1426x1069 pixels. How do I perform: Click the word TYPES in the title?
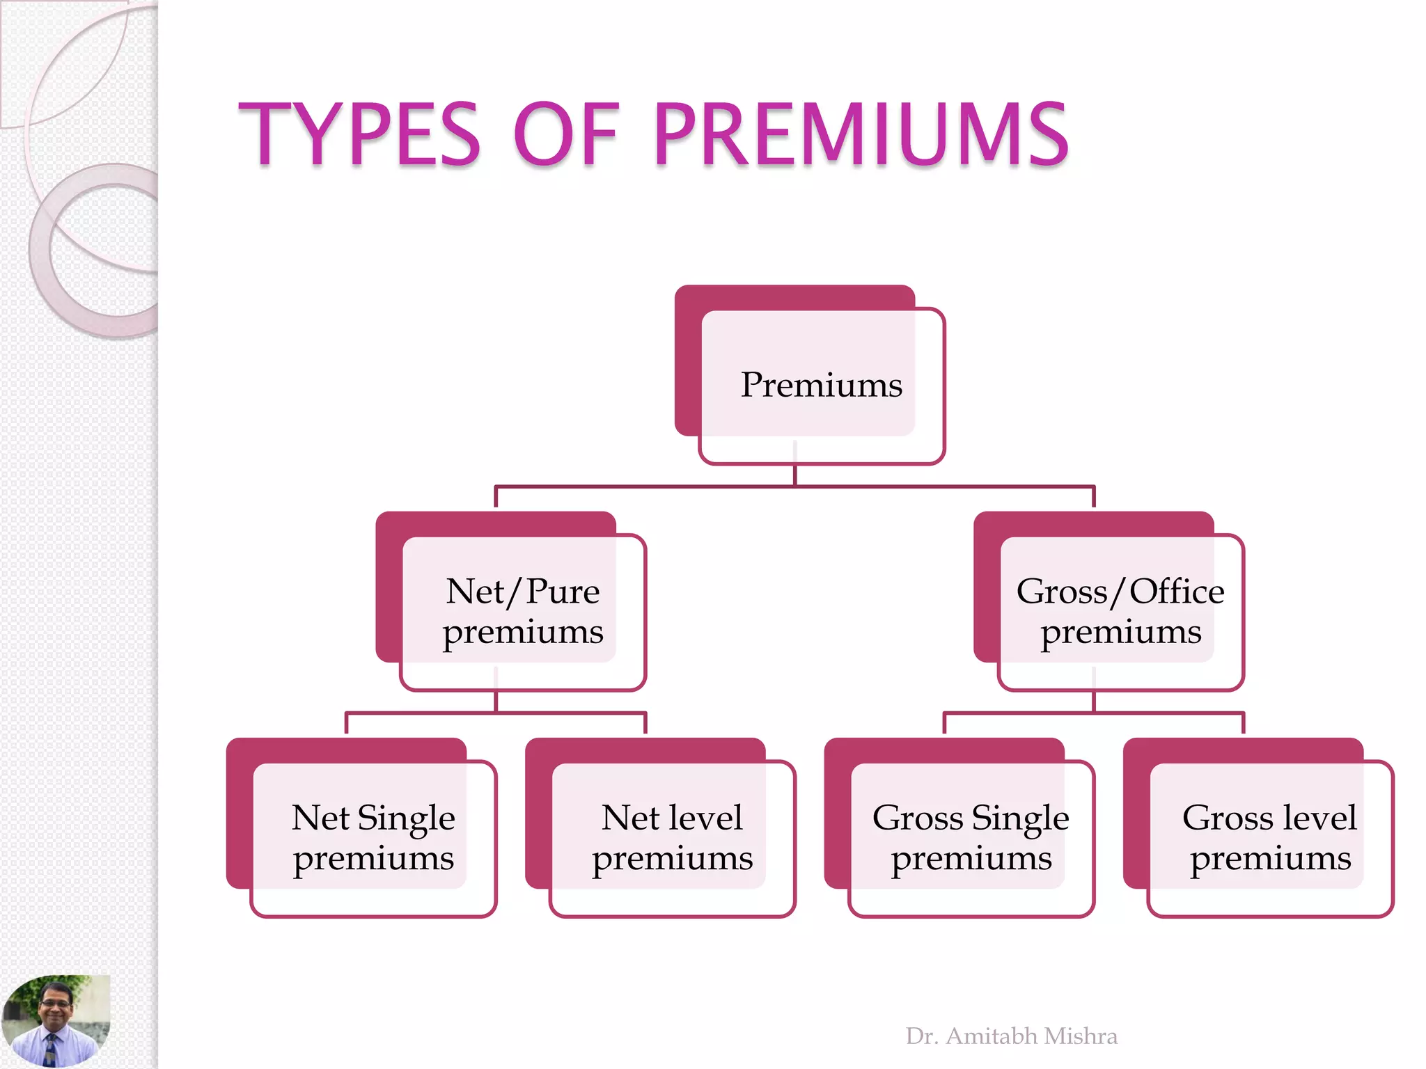[359, 134]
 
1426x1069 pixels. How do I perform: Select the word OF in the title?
[565, 134]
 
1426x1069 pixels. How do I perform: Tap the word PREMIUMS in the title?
[861, 134]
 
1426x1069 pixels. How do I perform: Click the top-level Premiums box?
[821, 385]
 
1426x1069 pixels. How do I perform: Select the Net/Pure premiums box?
[523, 611]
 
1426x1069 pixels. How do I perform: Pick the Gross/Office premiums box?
[1120, 611]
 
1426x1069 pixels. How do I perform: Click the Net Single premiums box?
[373, 837]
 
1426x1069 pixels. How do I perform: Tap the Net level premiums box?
[672, 837]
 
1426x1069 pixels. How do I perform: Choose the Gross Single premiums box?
[971, 837]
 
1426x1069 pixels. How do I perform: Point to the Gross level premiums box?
[1270, 837]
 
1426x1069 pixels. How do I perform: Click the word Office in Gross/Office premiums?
[1177, 592]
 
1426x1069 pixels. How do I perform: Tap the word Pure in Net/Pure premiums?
[563, 592]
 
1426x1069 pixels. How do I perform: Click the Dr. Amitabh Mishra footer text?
[1011, 1036]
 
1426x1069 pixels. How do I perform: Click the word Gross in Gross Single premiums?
[918, 818]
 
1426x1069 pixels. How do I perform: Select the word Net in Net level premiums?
[630, 818]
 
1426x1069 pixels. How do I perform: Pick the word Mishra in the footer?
[1081, 1036]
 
